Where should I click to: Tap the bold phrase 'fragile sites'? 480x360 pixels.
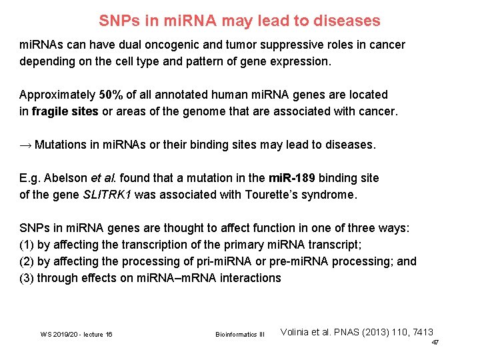[x=65, y=111]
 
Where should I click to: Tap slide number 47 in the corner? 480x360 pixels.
[x=435, y=342]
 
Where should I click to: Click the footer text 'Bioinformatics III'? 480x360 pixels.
[x=240, y=334]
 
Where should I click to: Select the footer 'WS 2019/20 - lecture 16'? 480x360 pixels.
[x=76, y=334]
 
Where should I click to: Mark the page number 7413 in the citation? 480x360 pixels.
[x=421, y=331]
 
